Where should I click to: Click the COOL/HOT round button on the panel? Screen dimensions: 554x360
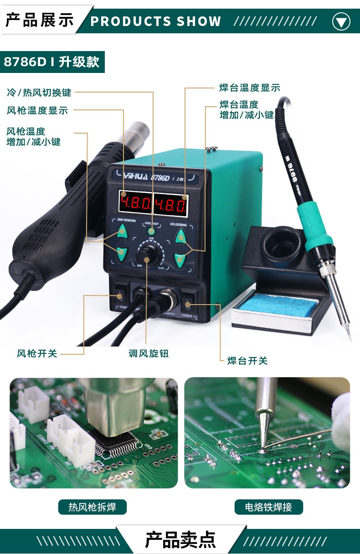[x=151, y=232]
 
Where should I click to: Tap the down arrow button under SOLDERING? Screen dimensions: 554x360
[x=180, y=259]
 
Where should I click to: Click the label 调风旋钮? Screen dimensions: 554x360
[x=149, y=353]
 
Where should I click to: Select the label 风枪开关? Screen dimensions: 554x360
[x=37, y=353]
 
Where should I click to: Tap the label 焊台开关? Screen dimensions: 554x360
[x=247, y=361]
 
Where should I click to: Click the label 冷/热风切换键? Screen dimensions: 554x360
[x=39, y=93]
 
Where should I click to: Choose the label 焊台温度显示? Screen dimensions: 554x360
[x=250, y=88]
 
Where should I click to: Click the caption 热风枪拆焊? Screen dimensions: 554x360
[x=92, y=507]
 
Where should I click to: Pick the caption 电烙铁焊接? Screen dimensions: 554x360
[x=268, y=507]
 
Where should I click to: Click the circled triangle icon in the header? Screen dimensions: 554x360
[x=341, y=21]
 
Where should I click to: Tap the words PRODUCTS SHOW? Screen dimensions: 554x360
[x=156, y=21]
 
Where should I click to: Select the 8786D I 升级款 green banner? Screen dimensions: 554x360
[x=52, y=62]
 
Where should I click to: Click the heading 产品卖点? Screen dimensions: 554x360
[x=180, y=539]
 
